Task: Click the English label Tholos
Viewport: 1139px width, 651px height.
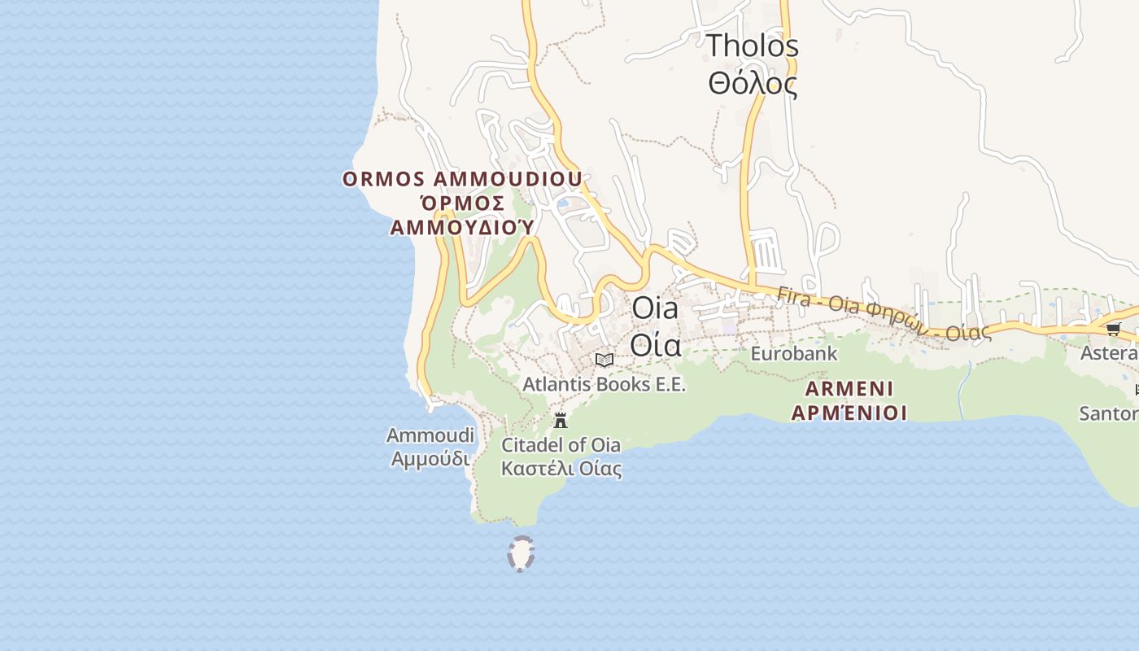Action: coord(752,46)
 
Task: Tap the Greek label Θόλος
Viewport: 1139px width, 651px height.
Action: coord(752,83)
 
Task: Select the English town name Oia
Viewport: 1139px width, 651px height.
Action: coord(655,308)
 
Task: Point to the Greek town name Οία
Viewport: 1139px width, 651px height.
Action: coord(655,346)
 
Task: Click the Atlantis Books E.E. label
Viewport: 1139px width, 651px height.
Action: coord(604,384)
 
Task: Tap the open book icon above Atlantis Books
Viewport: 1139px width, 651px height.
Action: coord(604,360)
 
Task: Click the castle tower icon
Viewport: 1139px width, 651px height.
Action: coord(560,420)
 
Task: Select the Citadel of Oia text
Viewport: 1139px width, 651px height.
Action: coord(561,445)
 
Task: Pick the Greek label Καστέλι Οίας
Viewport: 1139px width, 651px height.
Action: coord(561,469)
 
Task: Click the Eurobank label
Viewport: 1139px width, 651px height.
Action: coord(793,354)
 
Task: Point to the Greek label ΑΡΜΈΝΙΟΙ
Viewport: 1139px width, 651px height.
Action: coord(849,413)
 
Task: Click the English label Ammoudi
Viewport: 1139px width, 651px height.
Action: coord(430,435)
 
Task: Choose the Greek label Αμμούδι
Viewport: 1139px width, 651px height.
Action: coord(430,459)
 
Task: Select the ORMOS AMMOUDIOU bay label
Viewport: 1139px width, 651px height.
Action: coord(462,179)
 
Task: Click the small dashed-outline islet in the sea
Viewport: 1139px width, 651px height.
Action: coord(521,553)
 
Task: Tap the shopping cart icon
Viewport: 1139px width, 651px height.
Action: coord(1113,329)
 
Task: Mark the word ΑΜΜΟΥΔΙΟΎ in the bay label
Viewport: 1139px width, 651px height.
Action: coord(462,227)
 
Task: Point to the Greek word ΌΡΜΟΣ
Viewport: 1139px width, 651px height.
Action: coord(460,203)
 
